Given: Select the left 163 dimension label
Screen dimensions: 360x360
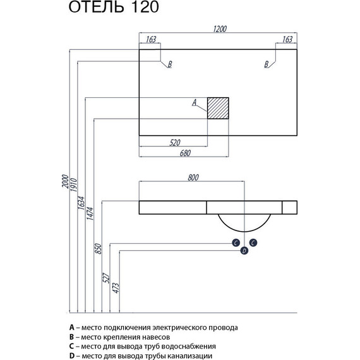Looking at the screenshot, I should [x=150, y=39].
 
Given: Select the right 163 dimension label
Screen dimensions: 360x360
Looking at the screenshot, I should [x=287, y=39].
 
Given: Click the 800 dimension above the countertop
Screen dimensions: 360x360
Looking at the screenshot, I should [x=194, y=178].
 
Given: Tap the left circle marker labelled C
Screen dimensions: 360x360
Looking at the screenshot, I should [x=235, y=243].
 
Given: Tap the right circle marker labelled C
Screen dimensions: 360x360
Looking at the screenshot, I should [x=253, y=243].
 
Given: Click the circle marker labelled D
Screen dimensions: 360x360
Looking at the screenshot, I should [x=244, y=251].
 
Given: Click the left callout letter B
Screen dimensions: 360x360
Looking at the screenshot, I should [x=169, y=64].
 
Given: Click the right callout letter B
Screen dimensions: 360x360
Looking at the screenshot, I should [x=267, y=64].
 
